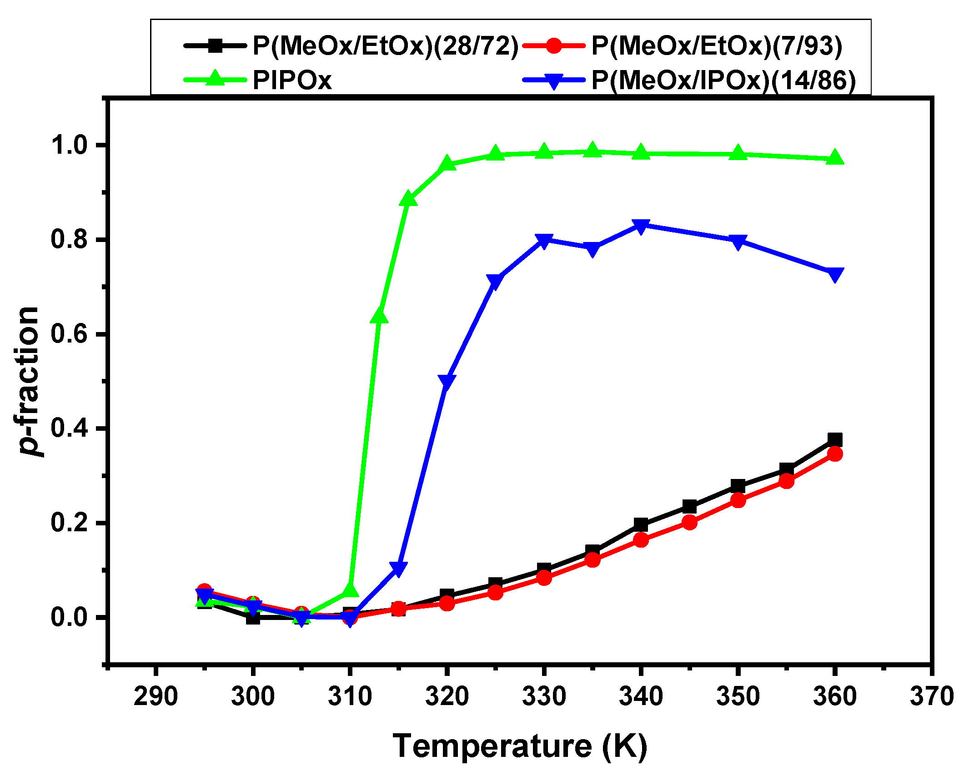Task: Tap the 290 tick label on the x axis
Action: coord(156,696)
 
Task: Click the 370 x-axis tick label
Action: coord(932,696)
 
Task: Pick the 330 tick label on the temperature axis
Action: coord(544,696)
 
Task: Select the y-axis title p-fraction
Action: coord(28,381)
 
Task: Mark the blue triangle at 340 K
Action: coord(641,226)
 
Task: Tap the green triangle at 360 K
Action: coord(835,158)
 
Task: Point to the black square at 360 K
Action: coord(835,440)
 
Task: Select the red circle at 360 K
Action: coord(835,454)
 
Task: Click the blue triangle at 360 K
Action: coord(835,274)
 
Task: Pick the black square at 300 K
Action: coord(253,617)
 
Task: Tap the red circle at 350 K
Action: coord(738,500)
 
